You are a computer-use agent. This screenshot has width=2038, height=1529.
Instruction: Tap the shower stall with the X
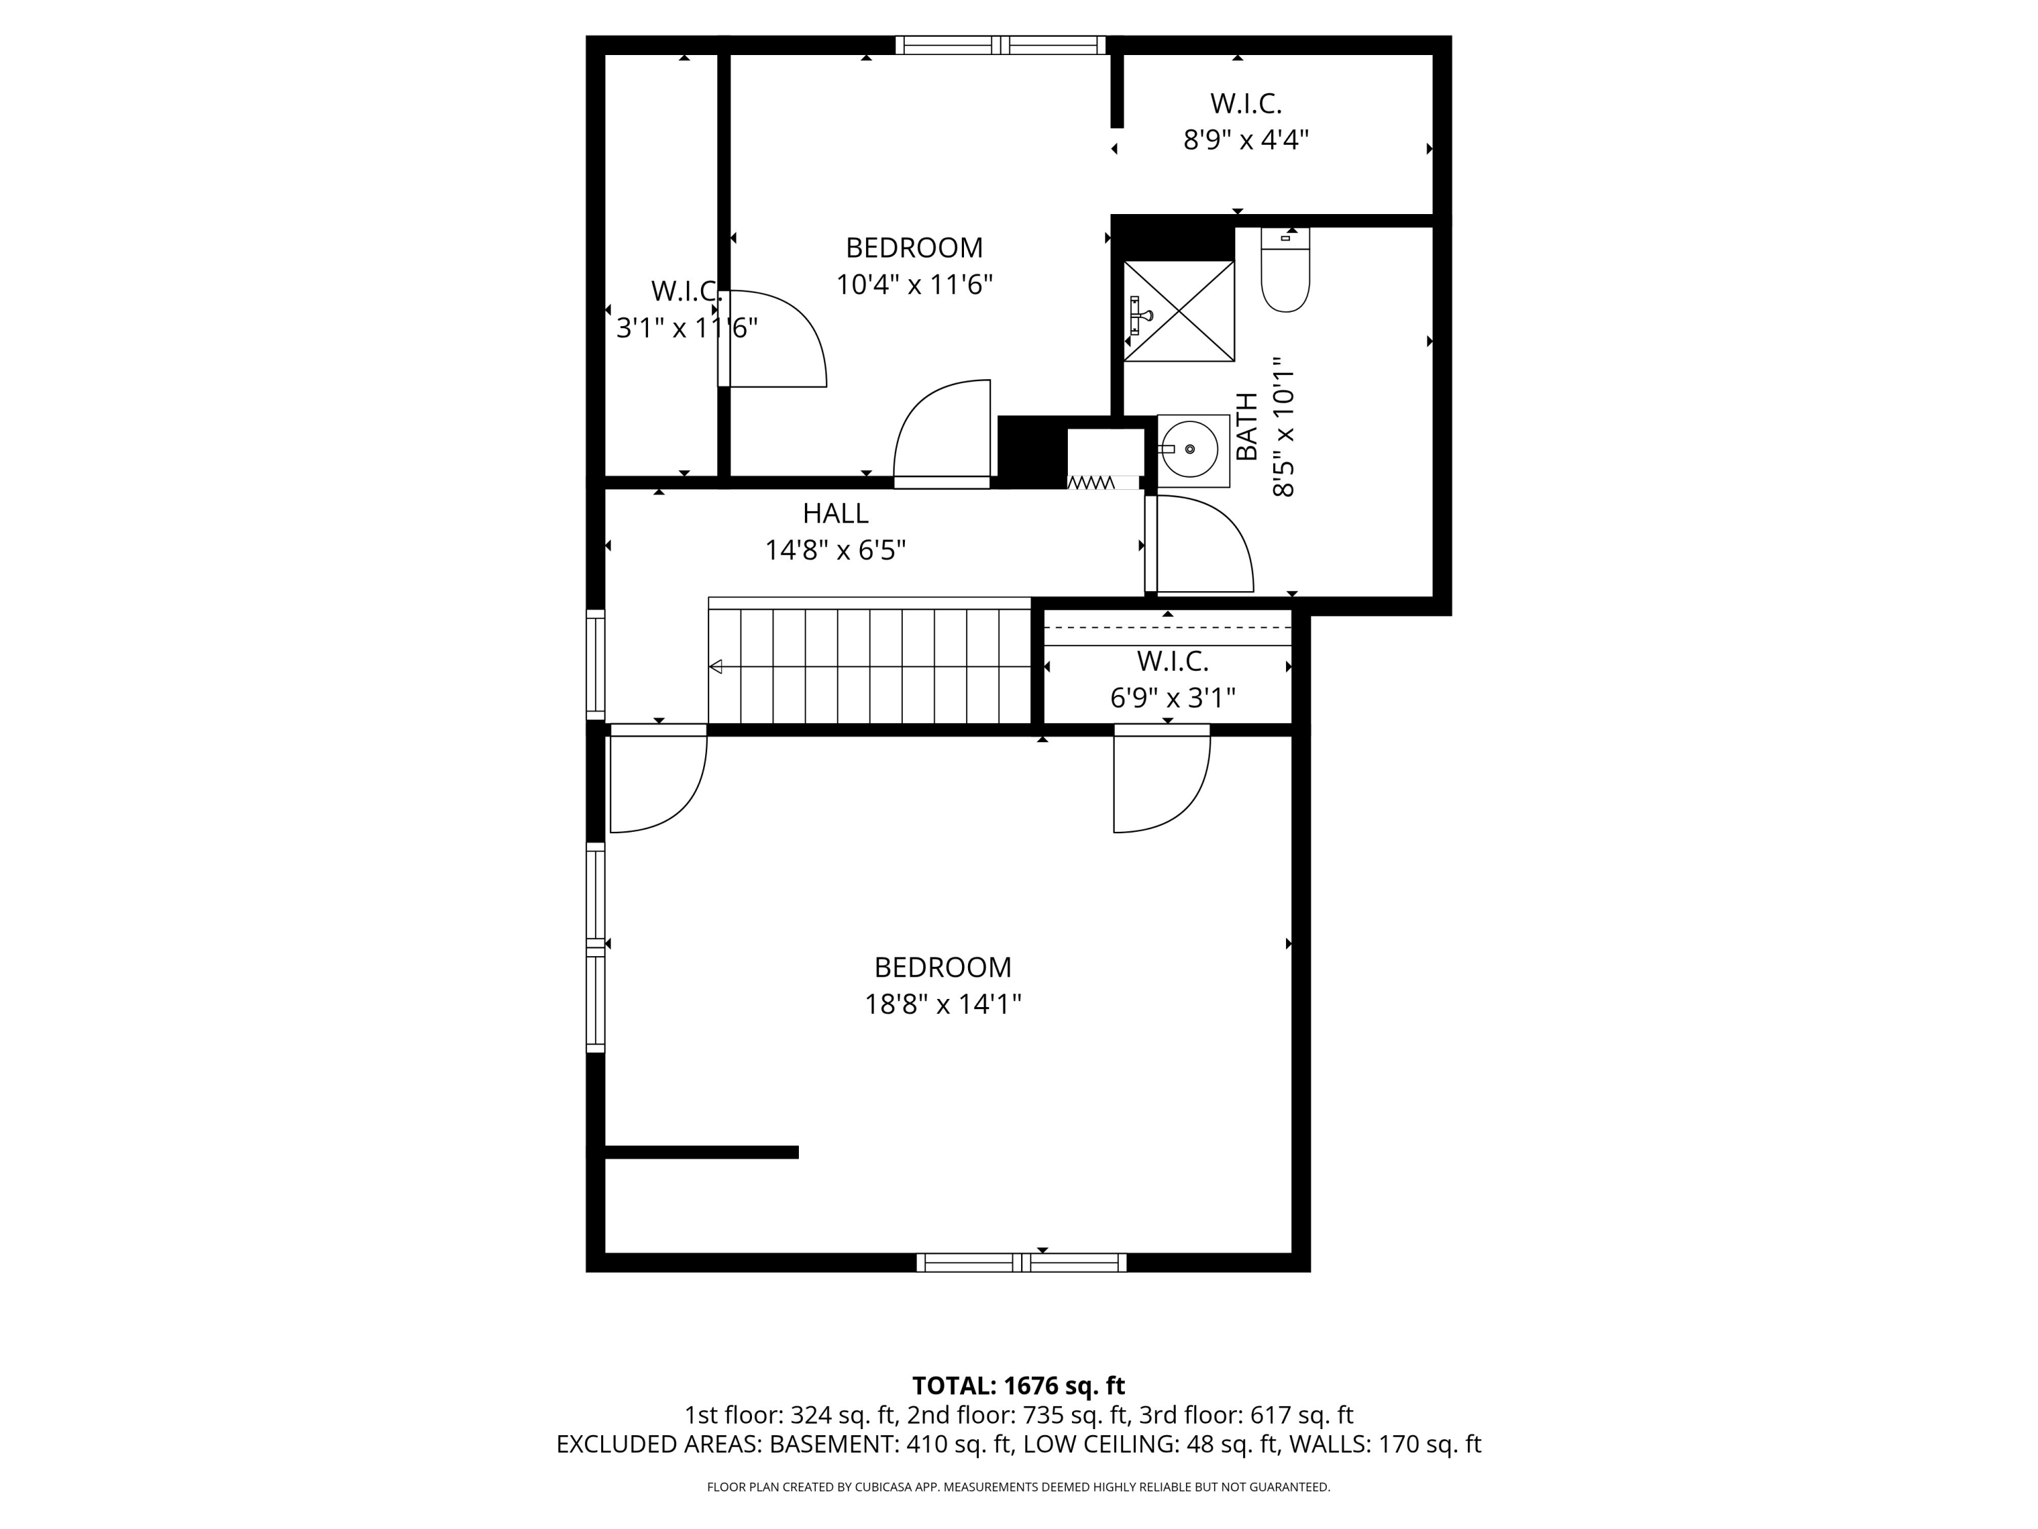(1179, 311)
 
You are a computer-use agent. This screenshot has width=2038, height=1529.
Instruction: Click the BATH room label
(1247, 426)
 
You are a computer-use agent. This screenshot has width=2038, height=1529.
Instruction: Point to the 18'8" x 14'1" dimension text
(942, 1004)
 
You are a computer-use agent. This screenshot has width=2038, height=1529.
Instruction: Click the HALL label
(835, 513)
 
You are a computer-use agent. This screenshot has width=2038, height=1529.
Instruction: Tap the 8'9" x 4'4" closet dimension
(1246, 140)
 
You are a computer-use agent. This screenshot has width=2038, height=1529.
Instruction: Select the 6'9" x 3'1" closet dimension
(1172, 698)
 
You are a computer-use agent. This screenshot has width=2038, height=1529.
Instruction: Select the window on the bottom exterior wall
(1021, 1263)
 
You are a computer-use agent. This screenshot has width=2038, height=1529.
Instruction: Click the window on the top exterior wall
(1001, 45)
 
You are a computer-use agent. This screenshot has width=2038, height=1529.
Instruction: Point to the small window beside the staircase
(596, 665)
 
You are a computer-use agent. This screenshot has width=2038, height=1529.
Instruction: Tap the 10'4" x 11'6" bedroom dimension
(914, 285)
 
